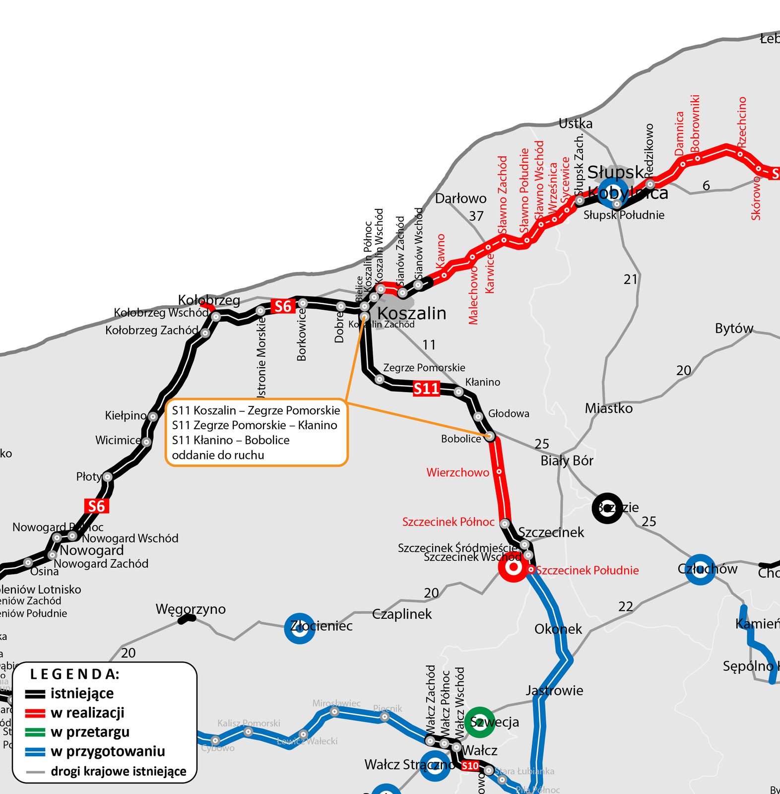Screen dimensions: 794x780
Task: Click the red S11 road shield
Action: tap(427, 389)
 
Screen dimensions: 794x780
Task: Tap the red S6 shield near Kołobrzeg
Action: tap(283, 307)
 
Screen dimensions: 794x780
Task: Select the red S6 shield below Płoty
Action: tap(96, 506)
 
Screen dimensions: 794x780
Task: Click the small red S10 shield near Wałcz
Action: tap(470, 766)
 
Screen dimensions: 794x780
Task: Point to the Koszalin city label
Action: tap(412, 314)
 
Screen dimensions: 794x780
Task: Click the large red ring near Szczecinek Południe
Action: tap(514, 567)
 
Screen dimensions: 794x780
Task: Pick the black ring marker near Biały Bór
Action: tap(607, 508)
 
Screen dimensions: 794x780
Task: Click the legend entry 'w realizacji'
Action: tap(87, 713)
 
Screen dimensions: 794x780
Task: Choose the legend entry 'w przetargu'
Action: tap(90, 732)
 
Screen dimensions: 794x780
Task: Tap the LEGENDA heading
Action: tap(75, 674)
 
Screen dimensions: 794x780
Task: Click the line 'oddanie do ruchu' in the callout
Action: tap(218, 455)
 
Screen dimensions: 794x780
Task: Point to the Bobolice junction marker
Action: tap(490, 437)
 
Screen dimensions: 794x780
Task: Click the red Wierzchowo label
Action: tap(457, 472)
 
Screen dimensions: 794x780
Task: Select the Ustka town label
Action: tap(576, 124)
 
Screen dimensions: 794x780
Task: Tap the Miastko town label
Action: tap(609, 408)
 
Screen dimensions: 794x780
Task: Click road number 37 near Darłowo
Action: tap(476, 216)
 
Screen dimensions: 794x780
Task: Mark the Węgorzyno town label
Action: tap(191, 609)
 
